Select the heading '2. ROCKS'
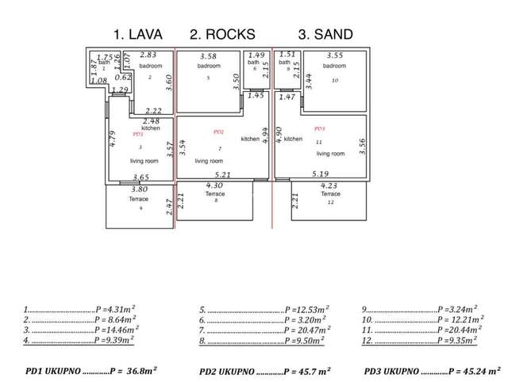pyautogui.click(x=223, y=34)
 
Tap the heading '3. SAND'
pyautogui.click(x=325, y=34)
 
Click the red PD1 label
pyautogui.click(x=138, y=135)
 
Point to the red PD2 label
pyautogui.click(x=219, y=131)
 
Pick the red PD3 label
pyautogui.click(x=320, y=128)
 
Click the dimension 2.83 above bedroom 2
pyautogui.click(x=148, y=55)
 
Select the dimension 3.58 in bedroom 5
pyautogui.click(x=209, y=56)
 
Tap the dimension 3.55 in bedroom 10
pyautogui.click(x=334, y=55)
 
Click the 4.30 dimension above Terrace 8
pyautogui.click(x=214, y=185)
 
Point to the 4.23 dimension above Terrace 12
pyautogui.click(x=329, y=185)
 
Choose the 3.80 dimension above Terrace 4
pyautogui.click(x=139, y=189)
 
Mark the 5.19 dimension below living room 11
pyautogui.click(x=321, y=174)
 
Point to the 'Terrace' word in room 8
pyautogui.click(x=215, y=194)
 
